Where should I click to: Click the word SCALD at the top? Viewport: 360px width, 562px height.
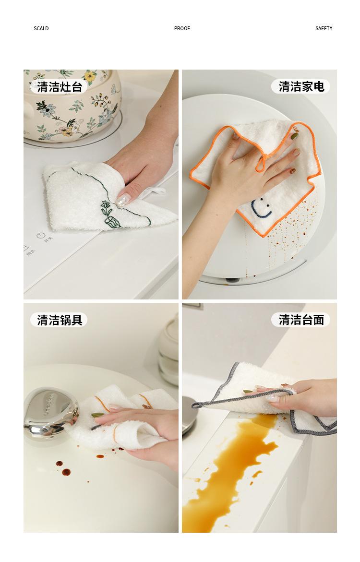[41, 28]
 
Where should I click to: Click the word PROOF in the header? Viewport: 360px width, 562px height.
[182, 28]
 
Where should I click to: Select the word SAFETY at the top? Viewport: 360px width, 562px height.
[324, 28]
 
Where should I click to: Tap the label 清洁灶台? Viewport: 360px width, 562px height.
[60, 87]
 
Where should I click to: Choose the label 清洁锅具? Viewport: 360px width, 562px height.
[60, 320]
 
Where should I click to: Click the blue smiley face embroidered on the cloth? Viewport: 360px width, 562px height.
[262, 208]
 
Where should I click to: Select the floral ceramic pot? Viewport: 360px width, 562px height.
[72, 106]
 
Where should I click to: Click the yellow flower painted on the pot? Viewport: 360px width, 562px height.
[90, 76]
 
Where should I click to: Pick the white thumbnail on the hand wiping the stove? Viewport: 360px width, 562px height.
[123, 199]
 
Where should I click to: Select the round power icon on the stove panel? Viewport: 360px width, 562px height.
[40, 235]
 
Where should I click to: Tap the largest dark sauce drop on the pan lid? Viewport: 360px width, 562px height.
[66, 472]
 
